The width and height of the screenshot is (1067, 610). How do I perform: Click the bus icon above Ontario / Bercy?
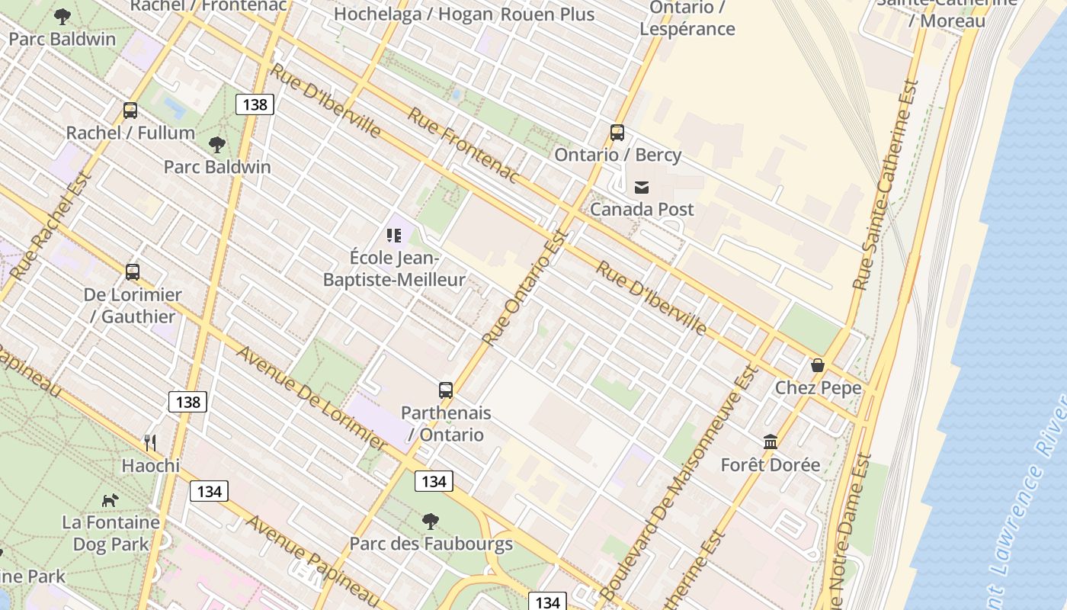pos(617,133)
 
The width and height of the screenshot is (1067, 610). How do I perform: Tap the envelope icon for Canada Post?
pos(642,187)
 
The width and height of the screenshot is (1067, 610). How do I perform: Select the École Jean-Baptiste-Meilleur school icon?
pos(393,235)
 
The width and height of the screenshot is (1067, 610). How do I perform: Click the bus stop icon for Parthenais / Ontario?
pos(446,390)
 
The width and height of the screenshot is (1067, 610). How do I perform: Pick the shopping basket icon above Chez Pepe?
pos(818,365)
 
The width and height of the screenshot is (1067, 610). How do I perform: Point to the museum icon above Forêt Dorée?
pos(771,442)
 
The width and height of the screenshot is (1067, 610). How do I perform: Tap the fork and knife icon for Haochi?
pos(150,443)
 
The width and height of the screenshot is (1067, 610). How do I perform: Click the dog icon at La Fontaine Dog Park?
pos(111,500)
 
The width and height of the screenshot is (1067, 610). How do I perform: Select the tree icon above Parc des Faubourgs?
pos(431,522)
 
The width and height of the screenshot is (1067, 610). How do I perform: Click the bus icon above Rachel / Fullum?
pos(130,111)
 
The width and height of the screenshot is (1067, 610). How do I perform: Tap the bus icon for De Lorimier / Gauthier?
pos(133,272)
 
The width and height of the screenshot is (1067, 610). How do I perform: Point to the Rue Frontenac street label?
pos(463,146)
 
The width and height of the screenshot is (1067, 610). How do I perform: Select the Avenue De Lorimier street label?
pos(312,397)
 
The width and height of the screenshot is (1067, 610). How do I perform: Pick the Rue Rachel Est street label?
pos(52,226)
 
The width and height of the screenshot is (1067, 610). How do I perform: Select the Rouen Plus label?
pos(547,14)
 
